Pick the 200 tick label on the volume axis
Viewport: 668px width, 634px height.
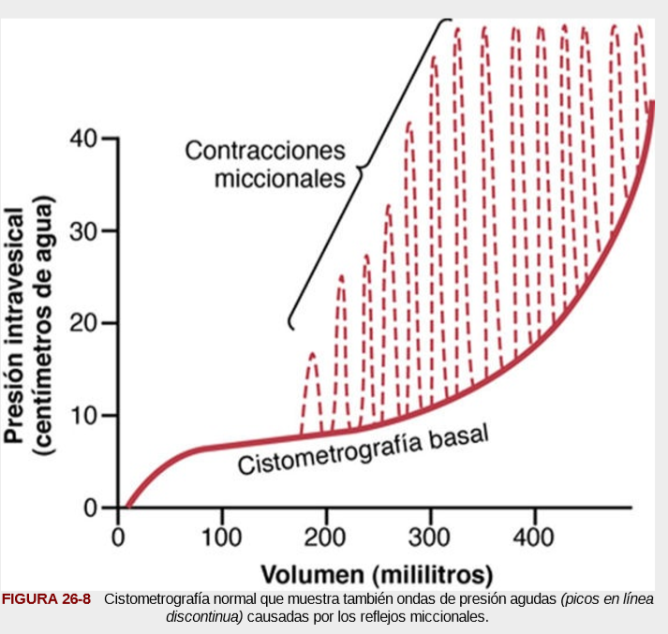(326, 539)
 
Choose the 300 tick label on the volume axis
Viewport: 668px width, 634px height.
(430, 539)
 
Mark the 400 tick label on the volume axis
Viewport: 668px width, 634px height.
(535, 539)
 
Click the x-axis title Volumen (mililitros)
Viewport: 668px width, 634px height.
(377, 572)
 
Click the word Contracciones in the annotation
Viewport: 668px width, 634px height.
(265, 150)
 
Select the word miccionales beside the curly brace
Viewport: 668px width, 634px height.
(280, 178)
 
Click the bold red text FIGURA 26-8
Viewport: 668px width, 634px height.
(47, 599)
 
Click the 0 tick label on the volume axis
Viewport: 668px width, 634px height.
(118, 539)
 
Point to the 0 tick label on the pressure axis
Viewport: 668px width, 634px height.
(91, 508)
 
